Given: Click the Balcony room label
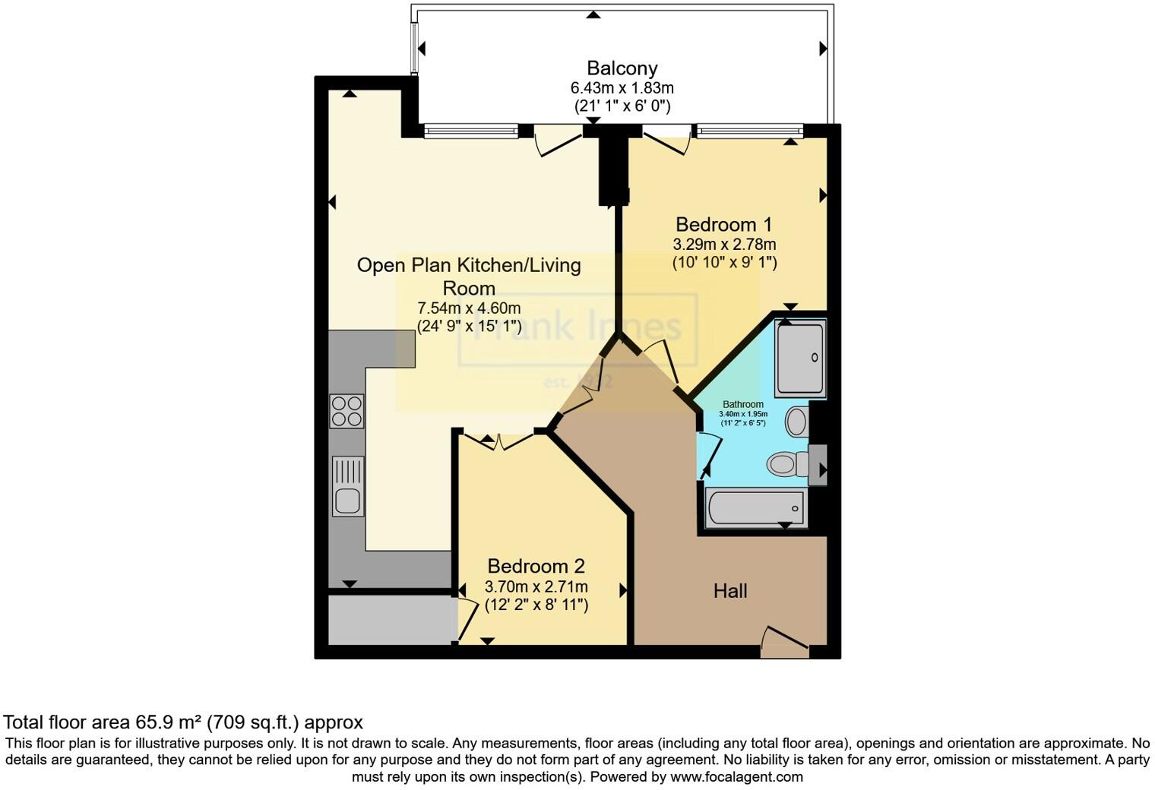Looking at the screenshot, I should [622, 68].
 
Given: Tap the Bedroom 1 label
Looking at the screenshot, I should [723, 225].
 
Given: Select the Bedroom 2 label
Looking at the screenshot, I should [536, 567].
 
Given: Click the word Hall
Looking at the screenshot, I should [729, 591].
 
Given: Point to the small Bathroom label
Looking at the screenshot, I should [742, 405].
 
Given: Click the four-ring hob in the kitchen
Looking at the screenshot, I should [346, 411].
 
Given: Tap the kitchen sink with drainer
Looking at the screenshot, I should [348, 486].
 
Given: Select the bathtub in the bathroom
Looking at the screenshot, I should [755, 508].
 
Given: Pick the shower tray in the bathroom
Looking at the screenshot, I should [800, 358].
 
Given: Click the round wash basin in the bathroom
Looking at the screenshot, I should [796, 422].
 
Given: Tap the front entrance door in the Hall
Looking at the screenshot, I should [785, 642].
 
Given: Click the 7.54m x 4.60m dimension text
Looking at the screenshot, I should [469, 308].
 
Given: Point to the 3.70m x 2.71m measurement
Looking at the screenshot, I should [536, 587].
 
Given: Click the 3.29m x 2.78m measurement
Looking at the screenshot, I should [723, 245].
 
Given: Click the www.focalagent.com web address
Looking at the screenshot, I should [736, 777].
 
